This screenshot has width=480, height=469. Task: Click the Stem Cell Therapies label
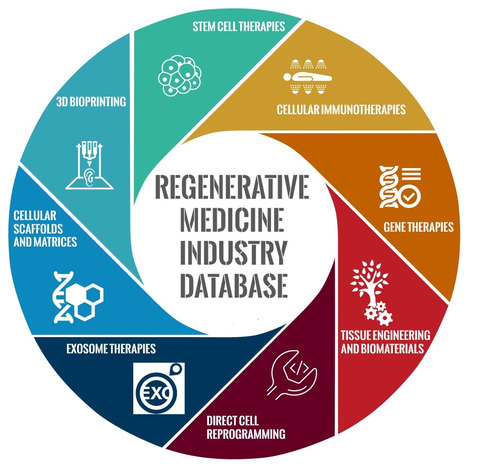pos(239,27)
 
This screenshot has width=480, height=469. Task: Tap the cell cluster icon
pos(180,75)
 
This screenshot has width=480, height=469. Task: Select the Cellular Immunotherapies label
pos(341,109)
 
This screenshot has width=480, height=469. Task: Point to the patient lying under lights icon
pos(307,77)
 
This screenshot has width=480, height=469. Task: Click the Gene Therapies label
pos(419,227)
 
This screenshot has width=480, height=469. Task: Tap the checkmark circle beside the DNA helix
pos(409,197)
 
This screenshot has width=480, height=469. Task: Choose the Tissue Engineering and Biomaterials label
pos(385,342)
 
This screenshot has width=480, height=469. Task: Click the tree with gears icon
pos(371,293)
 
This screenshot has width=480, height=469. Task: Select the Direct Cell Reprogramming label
pos(246,427)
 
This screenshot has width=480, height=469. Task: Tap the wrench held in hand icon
pos(292,375)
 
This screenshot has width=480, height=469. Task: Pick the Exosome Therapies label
pos(111,349)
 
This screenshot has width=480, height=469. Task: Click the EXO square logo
pos(159,388)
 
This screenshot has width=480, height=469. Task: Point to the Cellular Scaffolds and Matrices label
pos(45,229)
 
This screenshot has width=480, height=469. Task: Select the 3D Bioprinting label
pos(91,102)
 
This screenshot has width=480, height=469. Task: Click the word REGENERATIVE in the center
pos(232,187)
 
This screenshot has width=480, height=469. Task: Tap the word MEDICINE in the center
pos(232,220)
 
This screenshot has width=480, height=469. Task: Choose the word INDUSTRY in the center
pos(233,253)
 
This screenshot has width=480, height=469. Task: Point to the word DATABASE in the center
pos(234,286)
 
